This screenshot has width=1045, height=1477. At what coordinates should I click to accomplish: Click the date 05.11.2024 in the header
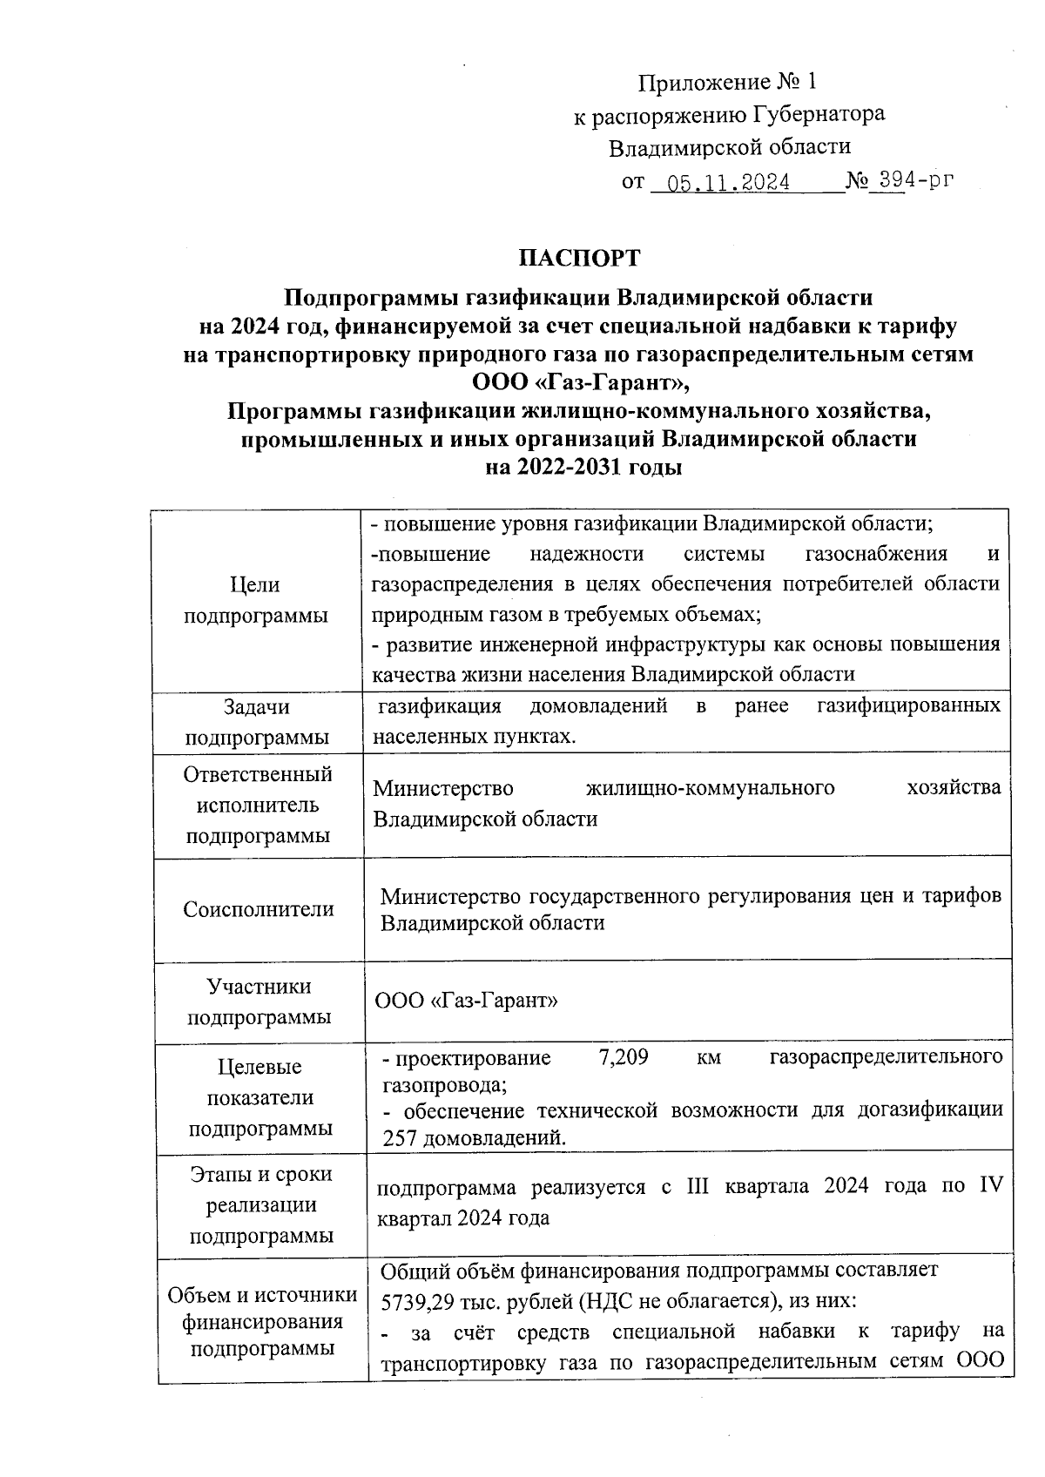[x=728, y=183]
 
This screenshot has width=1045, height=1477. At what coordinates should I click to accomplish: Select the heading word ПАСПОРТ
[x=579, y=259]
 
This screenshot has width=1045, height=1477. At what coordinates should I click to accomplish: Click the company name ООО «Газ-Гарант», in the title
[x=579, y=381]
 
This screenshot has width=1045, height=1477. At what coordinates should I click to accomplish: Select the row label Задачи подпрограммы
[x=257, y=721]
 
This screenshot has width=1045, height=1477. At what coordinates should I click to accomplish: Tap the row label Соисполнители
[x=259, y=909]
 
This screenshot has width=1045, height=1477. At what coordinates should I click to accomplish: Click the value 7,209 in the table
[x=624, y=1058]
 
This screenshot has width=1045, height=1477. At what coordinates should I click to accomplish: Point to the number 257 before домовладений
[x=401, y=1137]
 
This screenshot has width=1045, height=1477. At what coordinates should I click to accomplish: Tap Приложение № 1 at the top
[x=728, y=82]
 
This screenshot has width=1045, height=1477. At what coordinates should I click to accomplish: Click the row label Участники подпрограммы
[x=259, y=1002]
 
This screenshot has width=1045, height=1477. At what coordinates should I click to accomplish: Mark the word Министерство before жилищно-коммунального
[x=442, y=788]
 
